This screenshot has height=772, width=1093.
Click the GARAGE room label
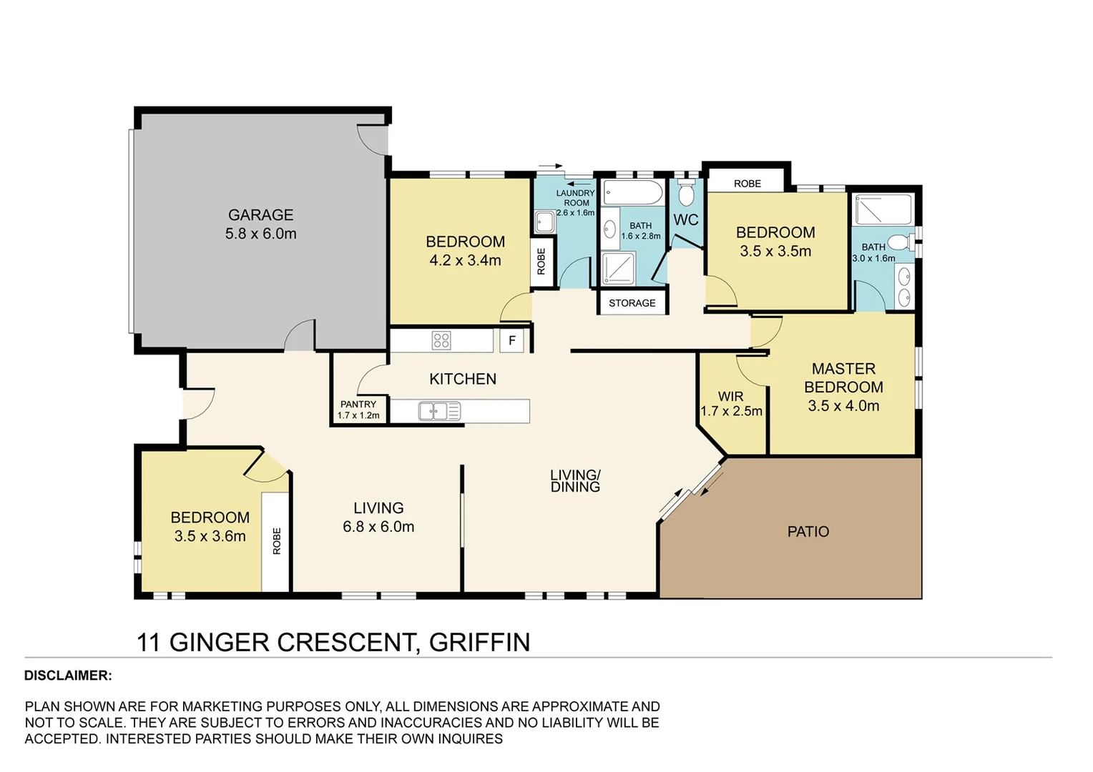pos(260,215)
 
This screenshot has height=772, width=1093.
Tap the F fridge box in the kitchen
pos(512,341)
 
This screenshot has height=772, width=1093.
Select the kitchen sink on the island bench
pos(439,411)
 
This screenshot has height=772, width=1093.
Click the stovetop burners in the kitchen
pos(441,340)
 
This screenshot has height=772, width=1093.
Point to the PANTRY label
pos(358,405)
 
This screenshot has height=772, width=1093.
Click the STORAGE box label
pos(632,303)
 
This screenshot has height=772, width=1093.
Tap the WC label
pos(685,220)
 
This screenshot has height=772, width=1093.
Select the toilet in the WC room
pos(686,194)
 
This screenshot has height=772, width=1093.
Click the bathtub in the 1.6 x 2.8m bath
pos(634,192)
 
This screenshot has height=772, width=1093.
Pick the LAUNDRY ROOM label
pos(575,198)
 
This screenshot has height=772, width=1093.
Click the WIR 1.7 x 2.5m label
pos(731,404)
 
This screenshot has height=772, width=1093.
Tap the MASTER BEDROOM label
pos(843,378)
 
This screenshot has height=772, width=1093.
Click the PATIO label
pos(808,532)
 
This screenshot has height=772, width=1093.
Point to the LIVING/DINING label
pos(575,481)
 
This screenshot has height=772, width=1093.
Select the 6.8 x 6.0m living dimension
pos(378,527)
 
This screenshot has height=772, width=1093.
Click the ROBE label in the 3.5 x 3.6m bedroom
pos(277,541)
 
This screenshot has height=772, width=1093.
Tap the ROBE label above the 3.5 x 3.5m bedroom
pos(747,184)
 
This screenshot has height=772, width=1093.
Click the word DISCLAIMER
pos(68,675)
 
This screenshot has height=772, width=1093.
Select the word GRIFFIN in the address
pos(479,642)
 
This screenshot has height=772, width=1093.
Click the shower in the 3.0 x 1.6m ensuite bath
pos(884,210)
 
